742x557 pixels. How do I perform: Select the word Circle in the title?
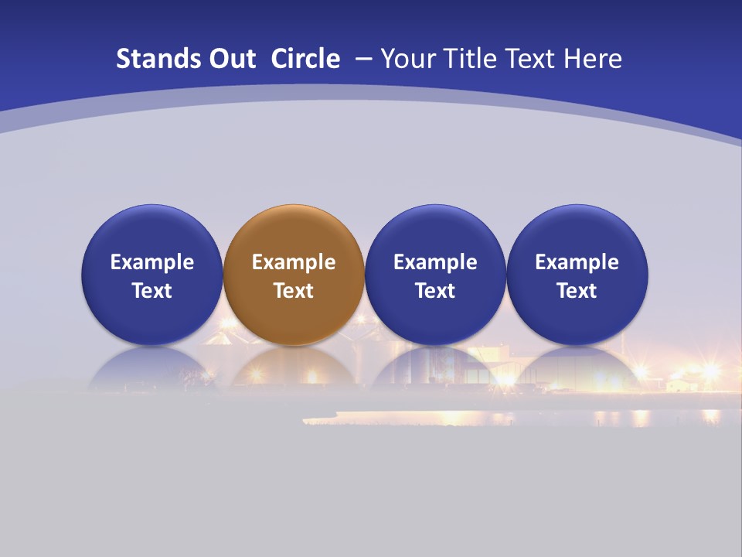coord(305,59)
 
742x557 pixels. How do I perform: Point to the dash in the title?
coord(362,60)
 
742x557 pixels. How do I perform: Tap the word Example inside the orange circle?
coord(294,262)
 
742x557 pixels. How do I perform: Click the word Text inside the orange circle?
coord(294,291)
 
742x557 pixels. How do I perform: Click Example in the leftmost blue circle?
coord(152,262)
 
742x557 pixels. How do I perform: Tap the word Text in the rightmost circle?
coord(577,291)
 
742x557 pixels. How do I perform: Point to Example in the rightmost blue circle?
coord(577,262)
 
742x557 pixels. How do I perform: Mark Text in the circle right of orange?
coord(435,291)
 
